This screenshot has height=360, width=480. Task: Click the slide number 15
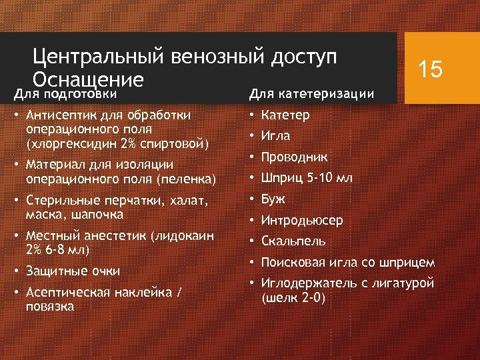pyautogui.click(x=430, y=69)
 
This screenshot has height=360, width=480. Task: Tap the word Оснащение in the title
pyautogui.click(x=89, y=80)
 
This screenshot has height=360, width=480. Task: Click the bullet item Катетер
pyautogui.click(x=285, y=115)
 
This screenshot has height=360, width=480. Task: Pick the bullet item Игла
pyautogui.click(x=276, y=135)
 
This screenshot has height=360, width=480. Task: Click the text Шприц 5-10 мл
pyautogui.click(x=307, y=178)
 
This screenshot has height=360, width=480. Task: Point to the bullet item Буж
pyautogui.click(x=273, y=199)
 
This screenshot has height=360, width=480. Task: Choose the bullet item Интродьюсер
pyautogui.click(x=302, y=220)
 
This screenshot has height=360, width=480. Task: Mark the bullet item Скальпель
pyautogui.click(x=293, y=241)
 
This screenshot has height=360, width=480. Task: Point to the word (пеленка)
pyautogui.click(x=184, y=179)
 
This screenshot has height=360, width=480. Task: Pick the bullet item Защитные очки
pyautogui.click(x=73, y=271)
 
